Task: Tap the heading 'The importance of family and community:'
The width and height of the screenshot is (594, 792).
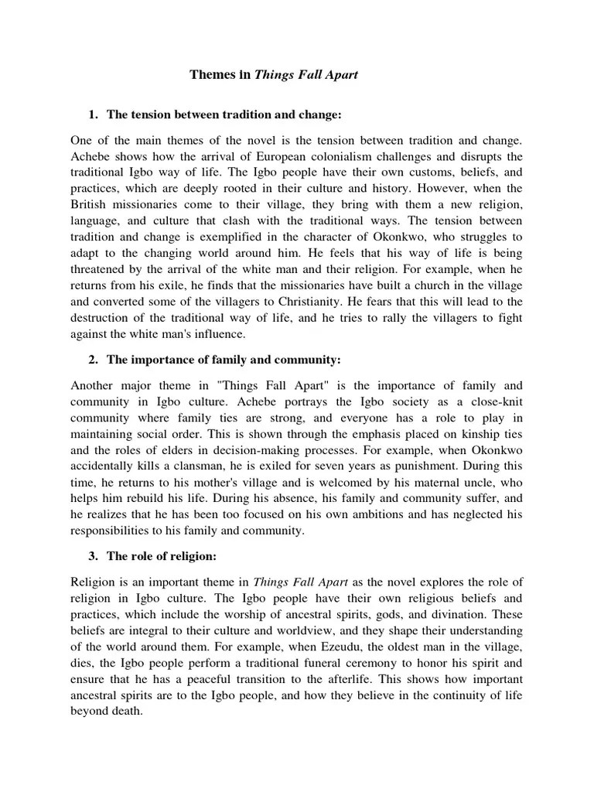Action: (224, 360)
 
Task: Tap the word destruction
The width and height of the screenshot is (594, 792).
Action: (101, 317)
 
